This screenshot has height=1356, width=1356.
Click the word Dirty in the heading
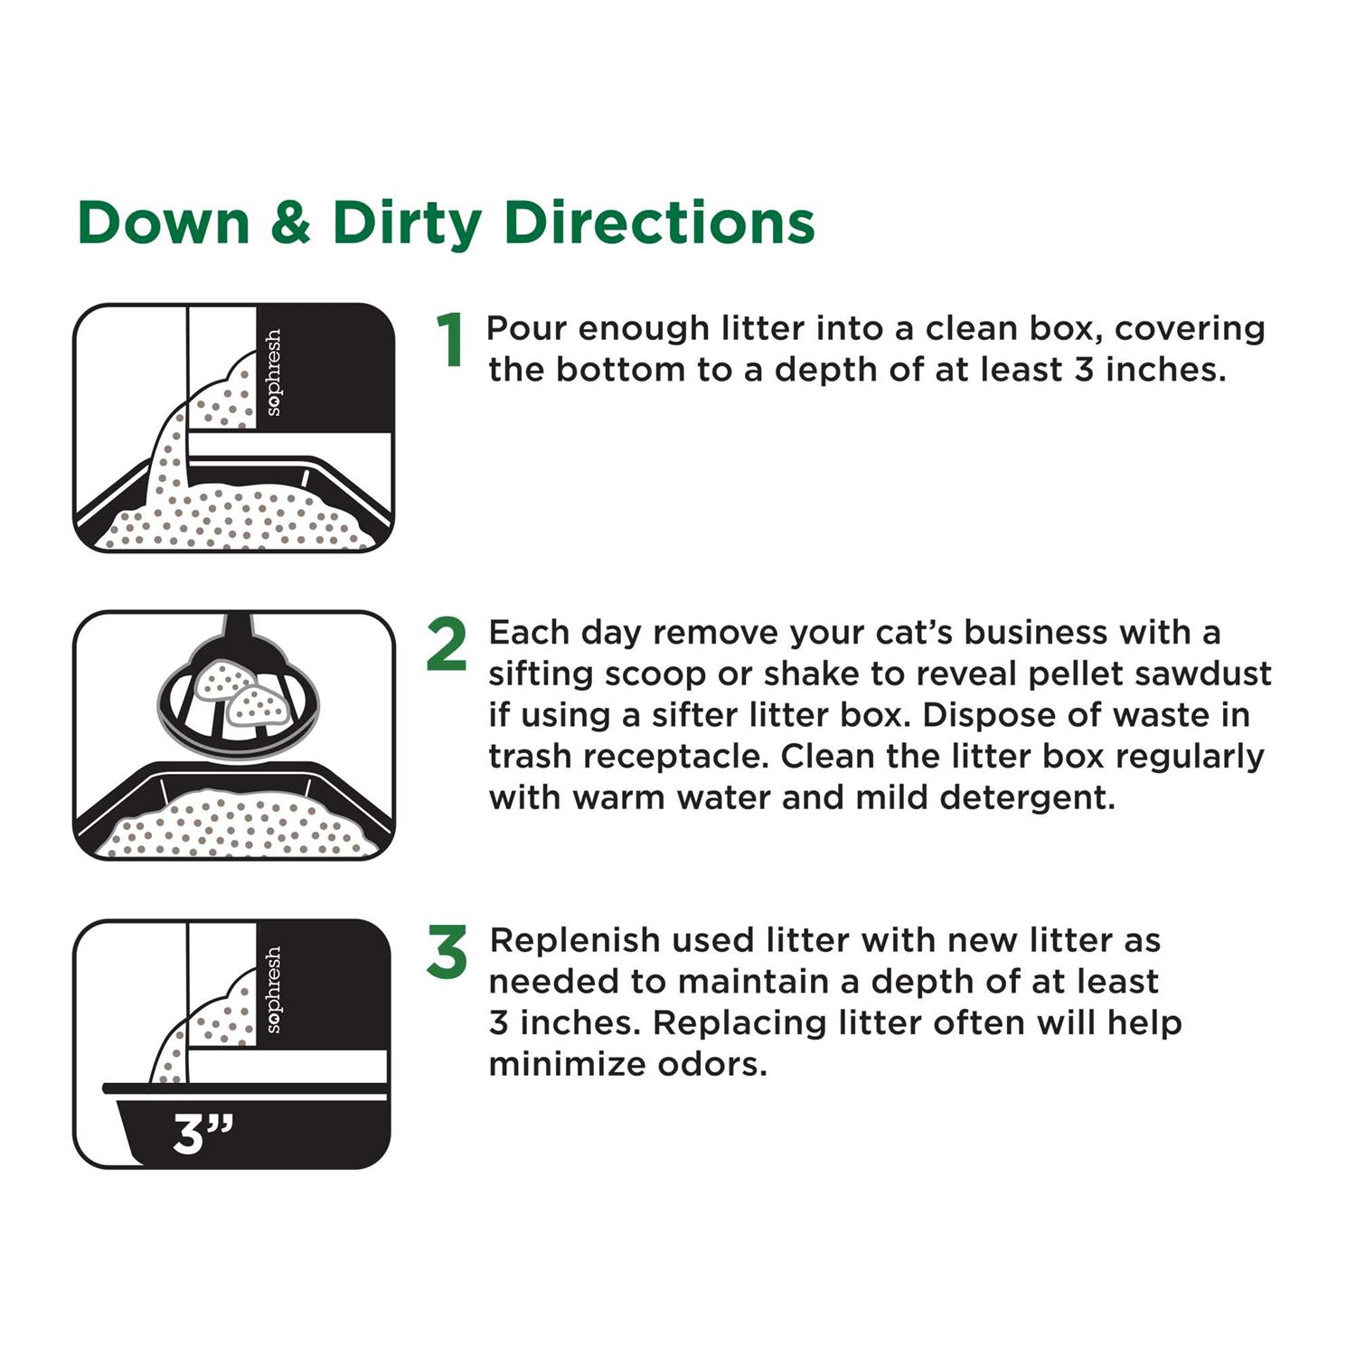(408, 223)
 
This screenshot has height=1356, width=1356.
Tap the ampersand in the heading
(290, 222)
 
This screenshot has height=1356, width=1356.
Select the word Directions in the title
(660, 222)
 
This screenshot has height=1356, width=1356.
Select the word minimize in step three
(567, 1064)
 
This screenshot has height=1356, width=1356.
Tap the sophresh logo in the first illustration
(273, 372)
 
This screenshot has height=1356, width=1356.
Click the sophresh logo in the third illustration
(273, 989)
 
